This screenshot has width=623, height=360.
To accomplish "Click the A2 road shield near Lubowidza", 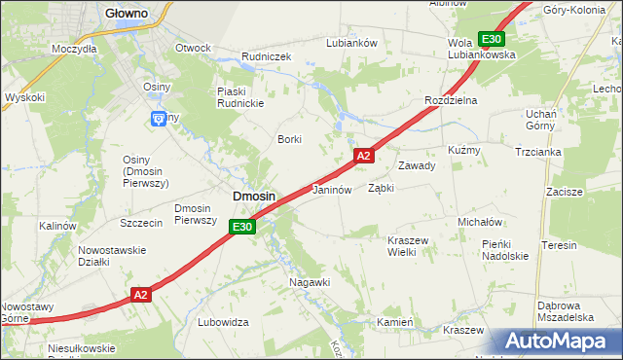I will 141,295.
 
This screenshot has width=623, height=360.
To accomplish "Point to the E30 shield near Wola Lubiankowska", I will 492,39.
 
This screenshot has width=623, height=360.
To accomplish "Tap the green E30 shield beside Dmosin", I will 243,227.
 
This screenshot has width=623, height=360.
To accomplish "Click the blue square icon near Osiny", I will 159,119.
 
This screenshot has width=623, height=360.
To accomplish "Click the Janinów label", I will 331,190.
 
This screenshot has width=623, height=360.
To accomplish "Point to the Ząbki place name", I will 381,189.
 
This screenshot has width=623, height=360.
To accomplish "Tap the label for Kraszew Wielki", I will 387,246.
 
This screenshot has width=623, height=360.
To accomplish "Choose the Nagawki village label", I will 311,282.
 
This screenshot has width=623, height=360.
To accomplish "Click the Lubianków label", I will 351,43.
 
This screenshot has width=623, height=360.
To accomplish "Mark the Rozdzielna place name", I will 449,101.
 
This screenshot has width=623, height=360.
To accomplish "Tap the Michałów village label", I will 479,222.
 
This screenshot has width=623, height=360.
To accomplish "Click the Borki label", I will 290,139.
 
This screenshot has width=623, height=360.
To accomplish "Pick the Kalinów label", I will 57,226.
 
